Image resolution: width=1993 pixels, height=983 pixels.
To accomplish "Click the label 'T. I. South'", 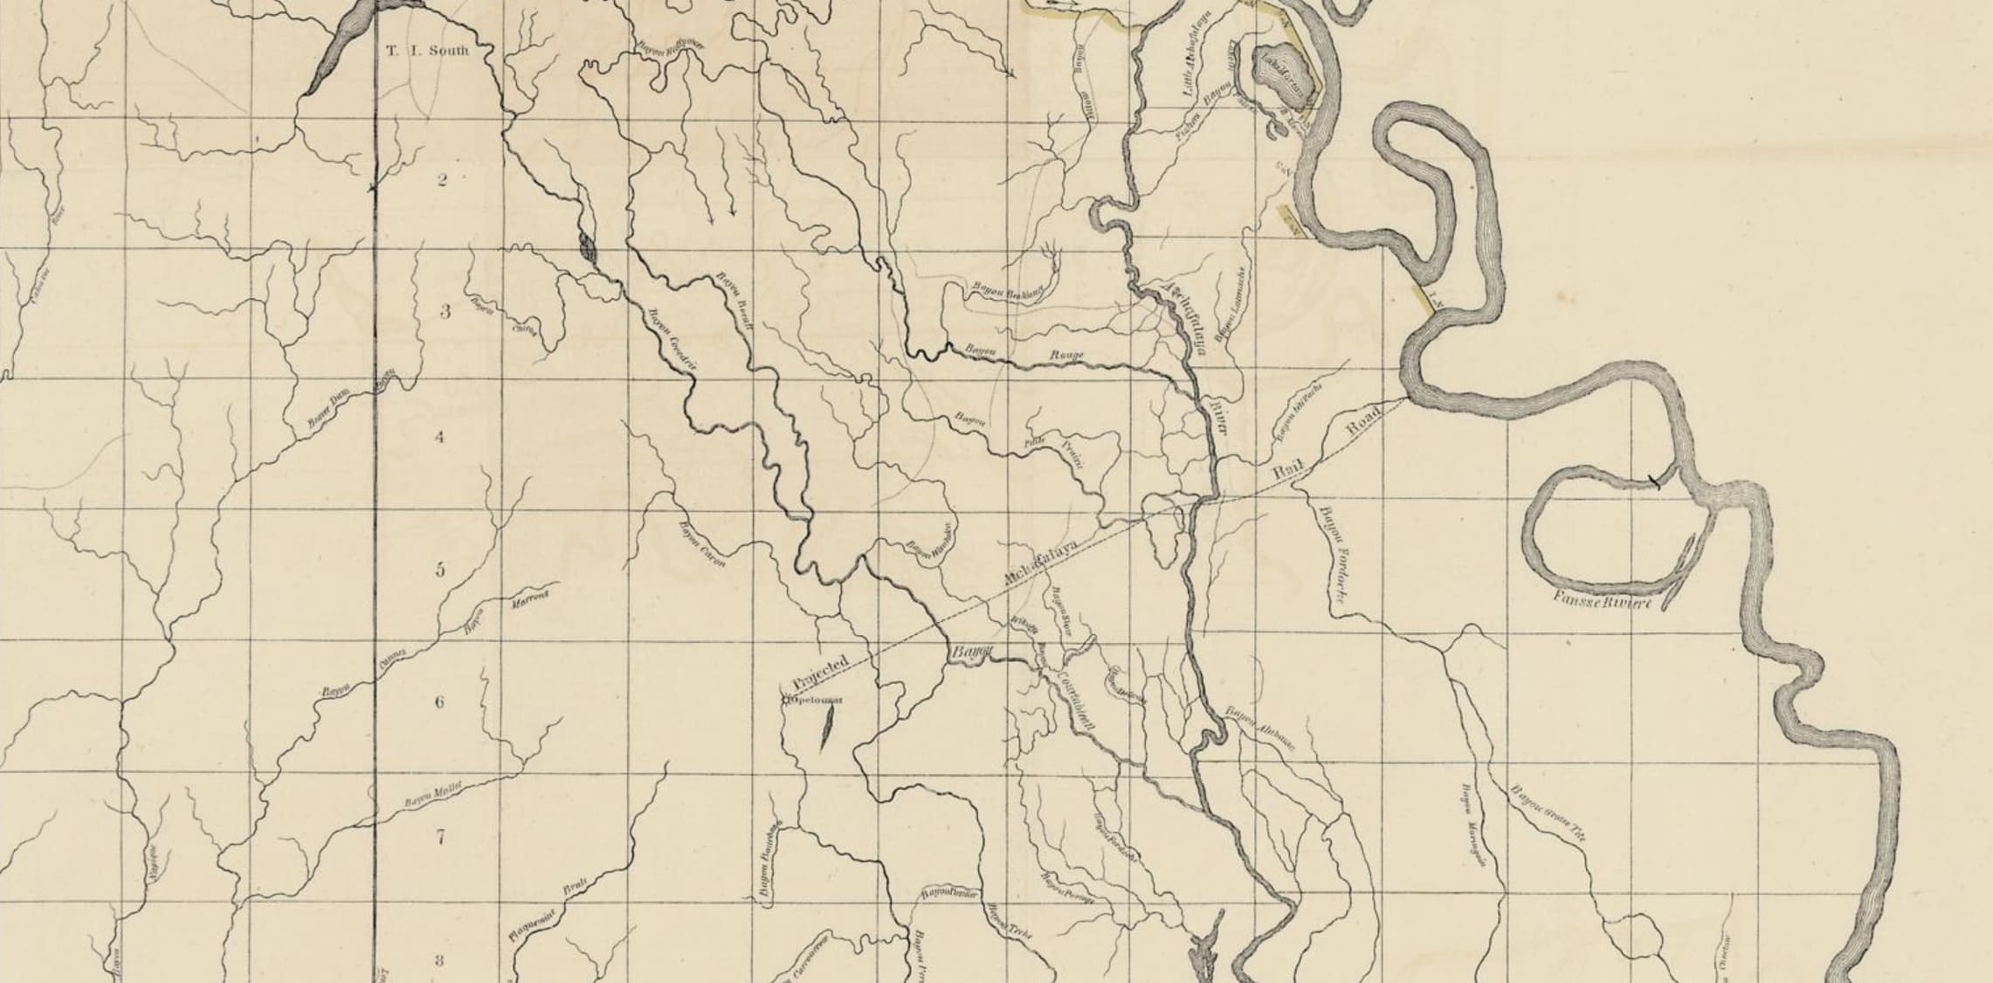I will coord(428,51).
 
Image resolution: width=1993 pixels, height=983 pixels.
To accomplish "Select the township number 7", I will coord(440,837).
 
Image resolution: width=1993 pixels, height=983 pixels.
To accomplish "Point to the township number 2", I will coord(442,181).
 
